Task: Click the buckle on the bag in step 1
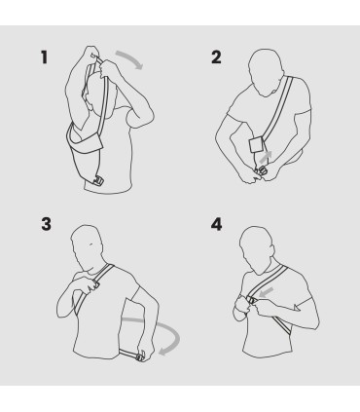click(99, 179)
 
